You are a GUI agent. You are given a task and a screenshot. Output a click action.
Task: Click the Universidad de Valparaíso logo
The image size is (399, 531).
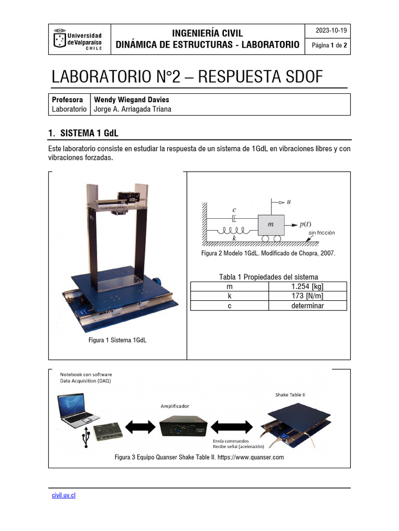tap(79, 39)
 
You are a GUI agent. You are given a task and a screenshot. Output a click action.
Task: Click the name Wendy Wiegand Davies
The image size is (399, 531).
tap(131, 100)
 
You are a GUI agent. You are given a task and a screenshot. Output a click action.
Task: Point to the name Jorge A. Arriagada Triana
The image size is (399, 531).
tap(132, 109)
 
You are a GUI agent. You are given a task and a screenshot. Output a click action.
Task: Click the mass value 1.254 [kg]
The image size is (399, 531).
tap(308, 286)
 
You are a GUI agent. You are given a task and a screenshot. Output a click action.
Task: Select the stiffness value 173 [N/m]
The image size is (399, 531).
tap(308, 296)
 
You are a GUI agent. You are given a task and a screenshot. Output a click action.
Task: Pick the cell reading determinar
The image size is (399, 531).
tap(308, 306)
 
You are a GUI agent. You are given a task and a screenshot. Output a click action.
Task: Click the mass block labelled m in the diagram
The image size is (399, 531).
tap(270, 224)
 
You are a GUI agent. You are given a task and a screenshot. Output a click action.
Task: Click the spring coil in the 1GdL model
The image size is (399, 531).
tap(235, 229)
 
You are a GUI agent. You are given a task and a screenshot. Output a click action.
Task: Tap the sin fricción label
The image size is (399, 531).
tap(322, 233)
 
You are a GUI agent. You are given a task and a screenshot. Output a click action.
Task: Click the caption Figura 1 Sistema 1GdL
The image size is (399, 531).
tap(117, 340)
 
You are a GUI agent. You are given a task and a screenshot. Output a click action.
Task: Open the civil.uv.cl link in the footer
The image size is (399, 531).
tap(63, 495)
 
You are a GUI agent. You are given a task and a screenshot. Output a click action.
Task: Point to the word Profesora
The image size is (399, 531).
tap(68, 100)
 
